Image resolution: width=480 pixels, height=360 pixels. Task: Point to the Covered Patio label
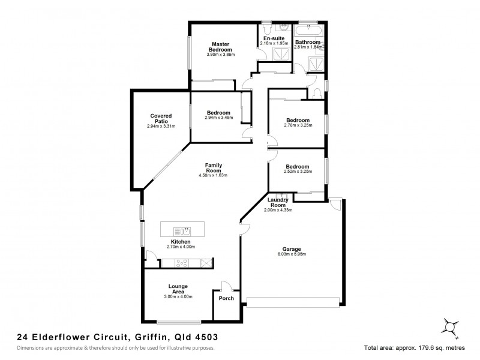[161, 119]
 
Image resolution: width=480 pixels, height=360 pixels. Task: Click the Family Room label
[214, 167]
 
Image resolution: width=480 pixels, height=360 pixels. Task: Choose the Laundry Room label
[278, 202]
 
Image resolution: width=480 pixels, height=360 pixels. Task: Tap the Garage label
[292, 248]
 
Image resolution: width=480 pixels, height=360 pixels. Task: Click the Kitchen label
[181, 241]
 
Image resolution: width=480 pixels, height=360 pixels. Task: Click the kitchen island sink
[182, 230]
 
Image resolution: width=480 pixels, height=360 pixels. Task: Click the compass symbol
[448, 325]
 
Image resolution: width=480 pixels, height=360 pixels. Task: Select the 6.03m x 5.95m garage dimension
[292, 254]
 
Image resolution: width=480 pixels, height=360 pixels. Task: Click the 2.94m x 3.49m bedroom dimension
[218, 118]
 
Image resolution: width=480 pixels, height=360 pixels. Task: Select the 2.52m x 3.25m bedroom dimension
[297, 172]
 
